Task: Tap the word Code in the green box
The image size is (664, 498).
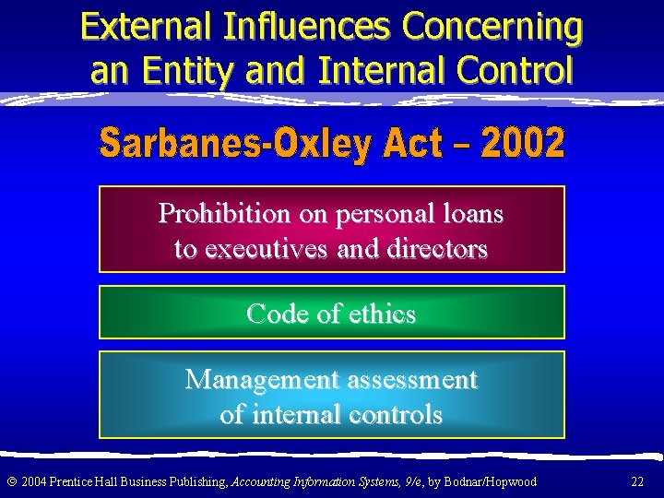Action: point(278,314)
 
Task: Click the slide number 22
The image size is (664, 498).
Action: point(637,481)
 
